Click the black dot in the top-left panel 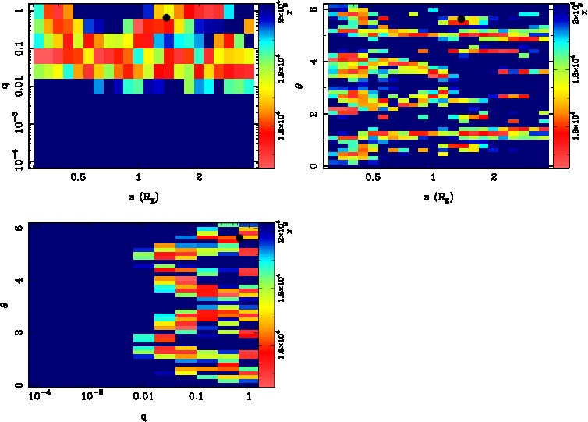pyautogui.click(x=166, y=17)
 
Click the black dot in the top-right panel pyautogui.click(x=461, y=19)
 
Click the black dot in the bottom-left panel pyautogui.click(x=239, y=237)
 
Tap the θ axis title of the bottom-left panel pyautogui.click(x=6, y=305)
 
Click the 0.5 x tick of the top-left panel pyautogui.click(x=78, y=177)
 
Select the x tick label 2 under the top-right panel pyautogui.click(x=494, y=177)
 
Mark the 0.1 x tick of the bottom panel pyautogui.click(x=197, y=398)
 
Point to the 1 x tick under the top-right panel pyautogui.click(x=434, y=177)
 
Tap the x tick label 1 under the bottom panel pyautogui.click(x=248, y=398)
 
